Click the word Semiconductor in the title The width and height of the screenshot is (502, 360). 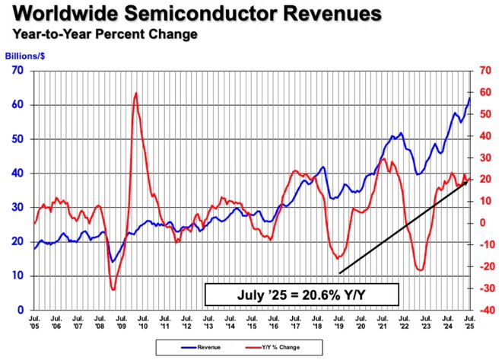(x=200, y=14)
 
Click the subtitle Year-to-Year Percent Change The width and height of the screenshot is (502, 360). (x=105, y=34)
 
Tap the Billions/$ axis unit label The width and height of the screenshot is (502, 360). (x=25, y=56)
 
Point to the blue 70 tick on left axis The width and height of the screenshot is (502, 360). (x=18, y=70)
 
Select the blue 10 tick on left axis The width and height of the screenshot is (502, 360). (x=18, y=276)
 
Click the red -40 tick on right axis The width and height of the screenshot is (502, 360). (x=483, y=310)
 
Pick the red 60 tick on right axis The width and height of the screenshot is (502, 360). (x=485, y=92)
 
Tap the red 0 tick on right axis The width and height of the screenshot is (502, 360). (x=482, y=222)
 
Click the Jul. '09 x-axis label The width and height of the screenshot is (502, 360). (x=122, y=322)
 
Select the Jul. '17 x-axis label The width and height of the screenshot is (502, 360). (x=295, y=322)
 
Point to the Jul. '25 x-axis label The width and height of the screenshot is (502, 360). (x=469, y=322)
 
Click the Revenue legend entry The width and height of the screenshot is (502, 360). (x=201, y=347)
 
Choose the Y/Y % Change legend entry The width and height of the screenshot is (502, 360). (x=273, y=347)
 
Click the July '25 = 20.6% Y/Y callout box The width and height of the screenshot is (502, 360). (x=302, y=295)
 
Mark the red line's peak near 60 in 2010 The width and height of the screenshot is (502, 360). (x=136, y=94)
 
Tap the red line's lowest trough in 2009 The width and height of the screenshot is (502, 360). (x=113, y=289)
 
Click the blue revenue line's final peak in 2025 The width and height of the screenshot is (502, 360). (x=469, y=98)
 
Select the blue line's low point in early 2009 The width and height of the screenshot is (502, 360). (x=112, y=262)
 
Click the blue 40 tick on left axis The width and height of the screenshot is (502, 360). (x=18, y=173)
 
